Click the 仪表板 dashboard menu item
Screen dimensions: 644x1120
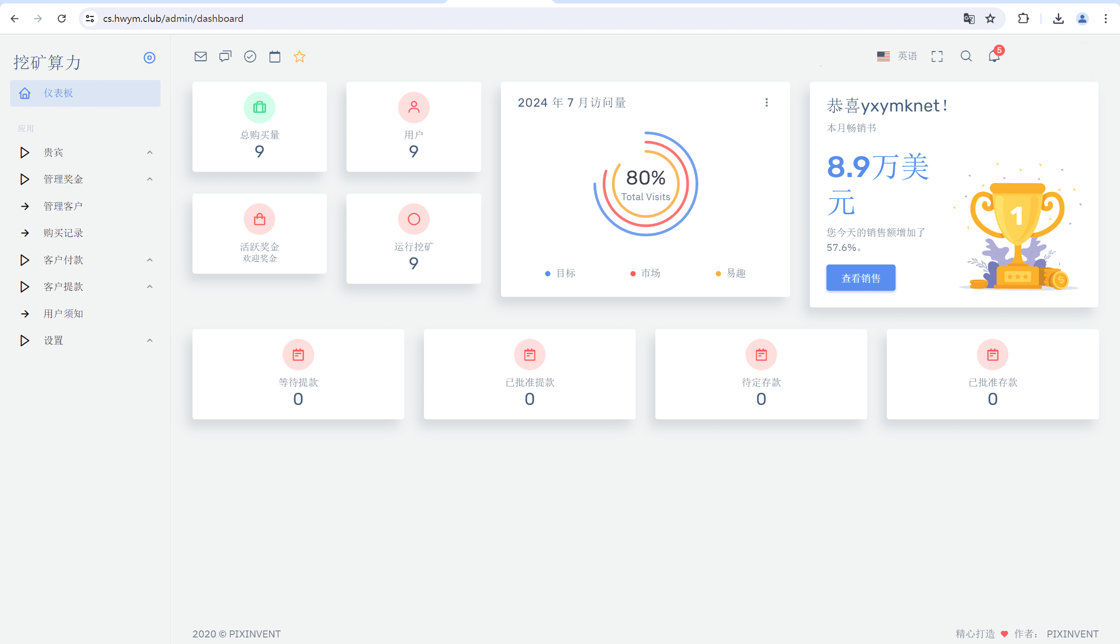pyautogui.click(x=58, y=93)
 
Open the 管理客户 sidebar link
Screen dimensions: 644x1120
pyautogui.click(x=63, y=206)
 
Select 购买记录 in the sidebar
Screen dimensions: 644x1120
pyautogui.click(x=63, y=233)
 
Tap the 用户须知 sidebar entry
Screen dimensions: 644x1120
pyautogui.click(x=63, y=313)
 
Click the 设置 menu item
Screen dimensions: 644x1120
pyautogui.click(x=53, y=341)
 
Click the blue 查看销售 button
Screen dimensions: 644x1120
pyautogui.click(x=860, y=278)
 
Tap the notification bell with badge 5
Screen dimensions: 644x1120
pyautogui.click(x=994, y=56)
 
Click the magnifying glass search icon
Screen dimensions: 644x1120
pyautogui.click(x=966, y=56)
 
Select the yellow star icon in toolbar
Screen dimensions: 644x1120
pyautogui.click(x=300, y=56)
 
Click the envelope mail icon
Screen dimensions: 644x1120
pyautogui.click(x=200, y=56)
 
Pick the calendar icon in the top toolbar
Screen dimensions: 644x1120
pyautogui.click(x=275, y=56)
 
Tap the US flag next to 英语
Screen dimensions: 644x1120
pyautogui.click(x=883, y=56)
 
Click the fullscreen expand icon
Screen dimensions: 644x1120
pyautogui.click(x=937, y=56)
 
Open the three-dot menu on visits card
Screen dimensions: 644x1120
pyautogui.click(x=766, y=103)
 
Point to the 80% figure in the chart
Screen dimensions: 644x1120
pyautogui.click(x=645, y=178)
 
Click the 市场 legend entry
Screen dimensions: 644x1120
pyautogui.click(x=650, y=273)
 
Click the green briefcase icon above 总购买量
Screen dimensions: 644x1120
pyautogui.click(x=259, y=107)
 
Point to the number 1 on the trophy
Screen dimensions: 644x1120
pyautogui.click(x=1016, y=216)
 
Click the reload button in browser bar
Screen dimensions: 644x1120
pyautogui.click(x=62, y=18)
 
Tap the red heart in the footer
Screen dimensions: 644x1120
pyautogui.click(x=1004, y=634)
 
